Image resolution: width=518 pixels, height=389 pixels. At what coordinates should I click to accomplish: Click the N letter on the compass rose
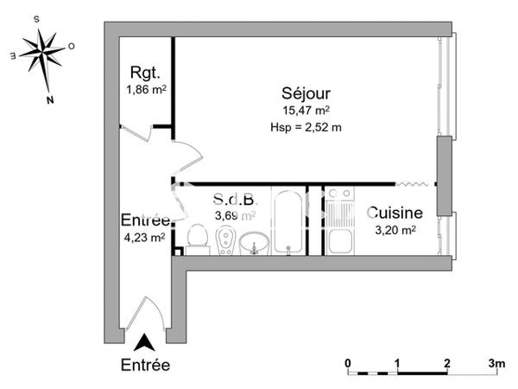(50, 99)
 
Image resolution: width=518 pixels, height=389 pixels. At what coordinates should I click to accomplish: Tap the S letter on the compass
(35, 17)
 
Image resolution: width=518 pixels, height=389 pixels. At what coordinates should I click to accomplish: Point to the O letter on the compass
(71, 47)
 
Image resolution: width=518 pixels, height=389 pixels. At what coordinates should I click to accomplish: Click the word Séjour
(306, 92)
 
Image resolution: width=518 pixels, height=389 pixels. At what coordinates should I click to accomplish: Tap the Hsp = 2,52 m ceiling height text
(306, 126)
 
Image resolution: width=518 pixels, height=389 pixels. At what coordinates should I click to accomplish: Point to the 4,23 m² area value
(146, 239)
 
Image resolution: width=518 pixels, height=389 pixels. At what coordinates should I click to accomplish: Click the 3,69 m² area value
(233, 216)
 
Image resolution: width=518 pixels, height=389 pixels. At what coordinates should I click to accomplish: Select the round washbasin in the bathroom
(254, 244)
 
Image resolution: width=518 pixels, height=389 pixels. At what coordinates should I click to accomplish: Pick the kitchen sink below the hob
(341, 239)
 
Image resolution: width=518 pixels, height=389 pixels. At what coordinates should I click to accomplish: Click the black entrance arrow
(145, 342)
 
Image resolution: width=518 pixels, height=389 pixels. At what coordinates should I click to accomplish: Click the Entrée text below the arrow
(145, 365)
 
